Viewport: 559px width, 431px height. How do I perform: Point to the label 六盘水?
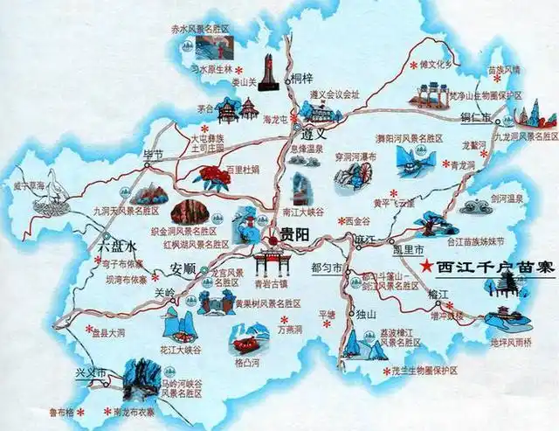[x=111, y=247]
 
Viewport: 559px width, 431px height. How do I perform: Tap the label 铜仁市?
[x=475, y=115]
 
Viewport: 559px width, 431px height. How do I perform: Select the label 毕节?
[x=154, y=155]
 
